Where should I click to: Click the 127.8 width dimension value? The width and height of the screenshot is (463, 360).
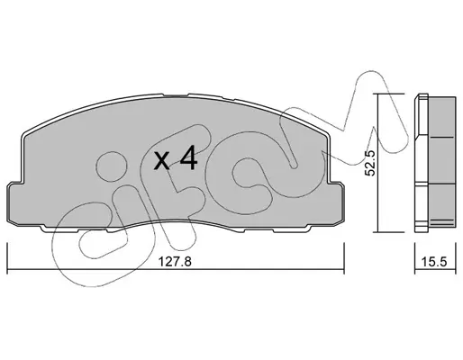(x=175, y=262)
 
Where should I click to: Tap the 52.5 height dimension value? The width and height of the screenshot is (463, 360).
(x=369, y=163)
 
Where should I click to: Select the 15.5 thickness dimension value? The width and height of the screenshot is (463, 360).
(x=434, y=262)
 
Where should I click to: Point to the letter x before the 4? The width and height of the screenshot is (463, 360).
(x=161, y=160)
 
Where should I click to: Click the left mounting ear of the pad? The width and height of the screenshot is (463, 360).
(x=14, y=203)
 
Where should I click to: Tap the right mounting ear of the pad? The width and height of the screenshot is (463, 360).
(x=337, y=203)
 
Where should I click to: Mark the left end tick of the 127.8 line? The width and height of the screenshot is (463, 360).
(x=7, y=258)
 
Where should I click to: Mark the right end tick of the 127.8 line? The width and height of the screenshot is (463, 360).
(x=344, y=258)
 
